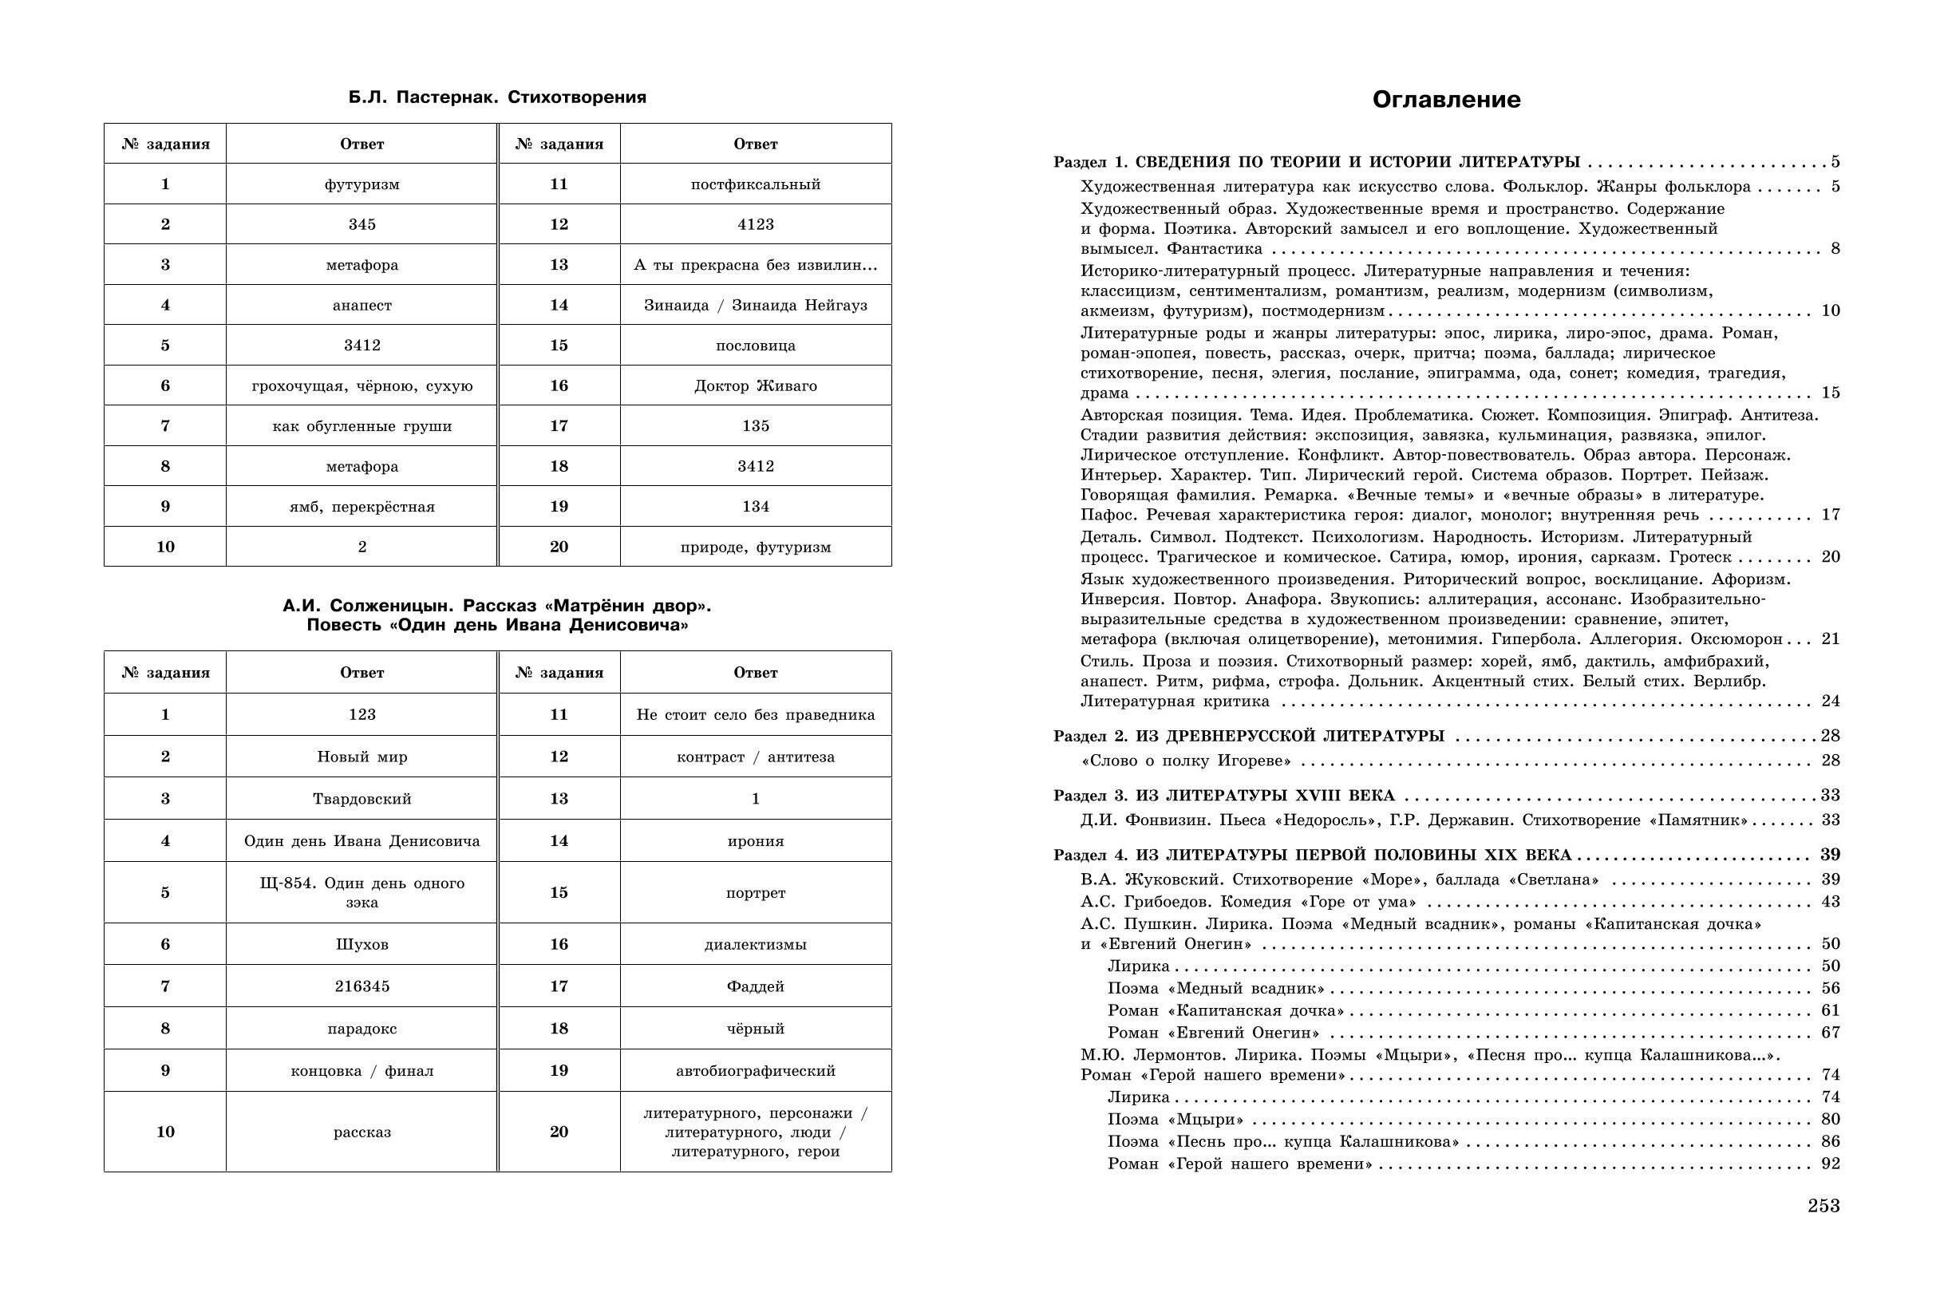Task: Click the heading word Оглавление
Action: point(1446,100)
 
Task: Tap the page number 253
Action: point(1823,1206)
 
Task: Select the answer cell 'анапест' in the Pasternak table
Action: point(362,306)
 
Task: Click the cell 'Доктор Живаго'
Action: point(756,385)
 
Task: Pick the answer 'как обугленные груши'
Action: point(362,426)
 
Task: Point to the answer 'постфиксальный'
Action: point(756,184)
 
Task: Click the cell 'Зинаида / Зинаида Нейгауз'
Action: point(756,306)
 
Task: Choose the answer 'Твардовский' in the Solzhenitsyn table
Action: point(362,799)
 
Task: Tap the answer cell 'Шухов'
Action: point(362,945)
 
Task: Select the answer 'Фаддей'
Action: point(756,986)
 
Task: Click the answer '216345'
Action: point(362,986)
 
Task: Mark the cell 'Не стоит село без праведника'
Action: point(756,714)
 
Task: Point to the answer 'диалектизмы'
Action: point(756,945)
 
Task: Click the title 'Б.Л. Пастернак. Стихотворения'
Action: point(497,97)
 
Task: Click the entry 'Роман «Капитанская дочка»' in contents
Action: point(1226,1011)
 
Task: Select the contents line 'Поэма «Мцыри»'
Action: point(1175,1120)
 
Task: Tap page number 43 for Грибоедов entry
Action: point(1830,902)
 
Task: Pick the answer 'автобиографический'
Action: point(756,1071)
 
